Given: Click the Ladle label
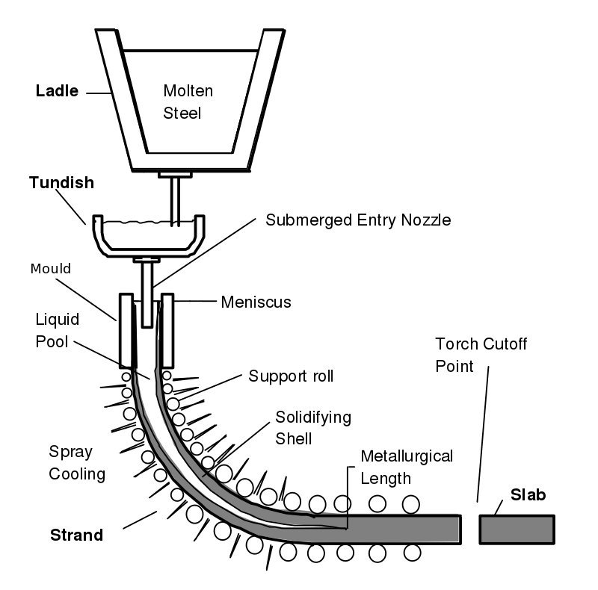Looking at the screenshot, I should (x=58, y=92).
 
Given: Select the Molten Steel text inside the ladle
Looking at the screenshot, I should (x=188, y=102).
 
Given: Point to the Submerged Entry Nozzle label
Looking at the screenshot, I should (x=359, y=220).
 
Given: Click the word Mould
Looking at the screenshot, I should (x=51, y=268).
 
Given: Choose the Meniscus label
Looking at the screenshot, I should (x=256, y=302).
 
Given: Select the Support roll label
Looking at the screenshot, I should (x=291, y=376).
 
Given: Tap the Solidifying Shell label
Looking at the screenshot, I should (x=313, y=427).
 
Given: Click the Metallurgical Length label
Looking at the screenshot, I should (x=407, y=465).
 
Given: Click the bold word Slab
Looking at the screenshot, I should (x=528, y=494).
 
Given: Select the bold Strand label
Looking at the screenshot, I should (x=76, y=535).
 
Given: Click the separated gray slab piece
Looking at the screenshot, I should (x=517, y=528).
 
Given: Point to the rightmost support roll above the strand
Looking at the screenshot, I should (x=410, y=503).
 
